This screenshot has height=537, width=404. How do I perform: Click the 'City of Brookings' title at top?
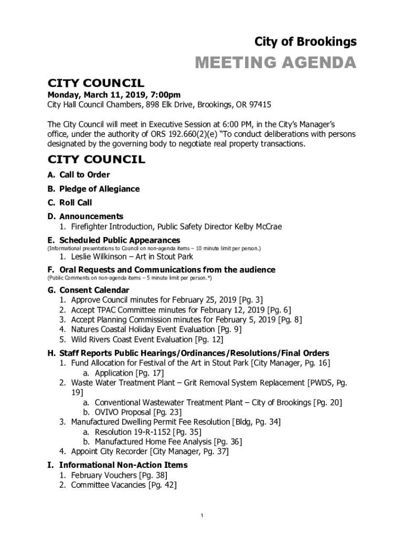[x=305, y=41]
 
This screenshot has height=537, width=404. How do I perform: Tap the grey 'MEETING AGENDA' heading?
[x=275, y=63]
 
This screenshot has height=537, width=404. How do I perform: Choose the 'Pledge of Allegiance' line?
[x=99, y=189]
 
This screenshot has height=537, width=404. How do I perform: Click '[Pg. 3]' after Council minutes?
[x=251, y=300]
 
